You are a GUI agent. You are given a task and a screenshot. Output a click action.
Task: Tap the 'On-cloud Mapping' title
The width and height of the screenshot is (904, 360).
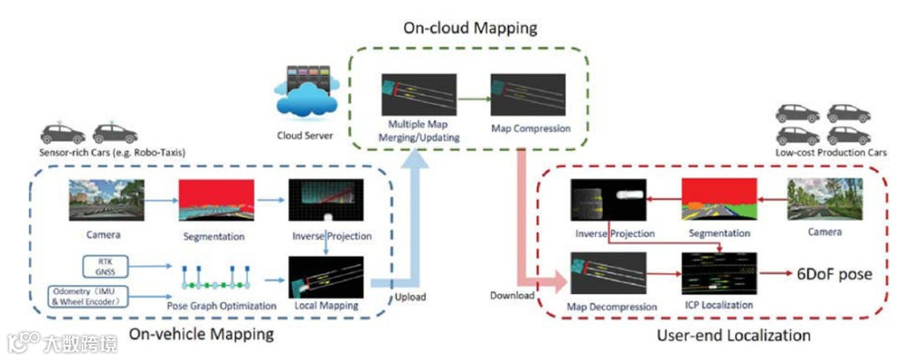[x=470, y=28]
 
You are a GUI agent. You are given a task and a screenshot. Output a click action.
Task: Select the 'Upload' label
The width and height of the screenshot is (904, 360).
[x=410, y=296]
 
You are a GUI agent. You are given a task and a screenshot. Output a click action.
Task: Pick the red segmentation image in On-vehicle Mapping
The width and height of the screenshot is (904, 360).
[x=217, y=199]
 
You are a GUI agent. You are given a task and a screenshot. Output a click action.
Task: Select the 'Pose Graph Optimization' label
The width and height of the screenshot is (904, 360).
[x=219, y=306]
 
